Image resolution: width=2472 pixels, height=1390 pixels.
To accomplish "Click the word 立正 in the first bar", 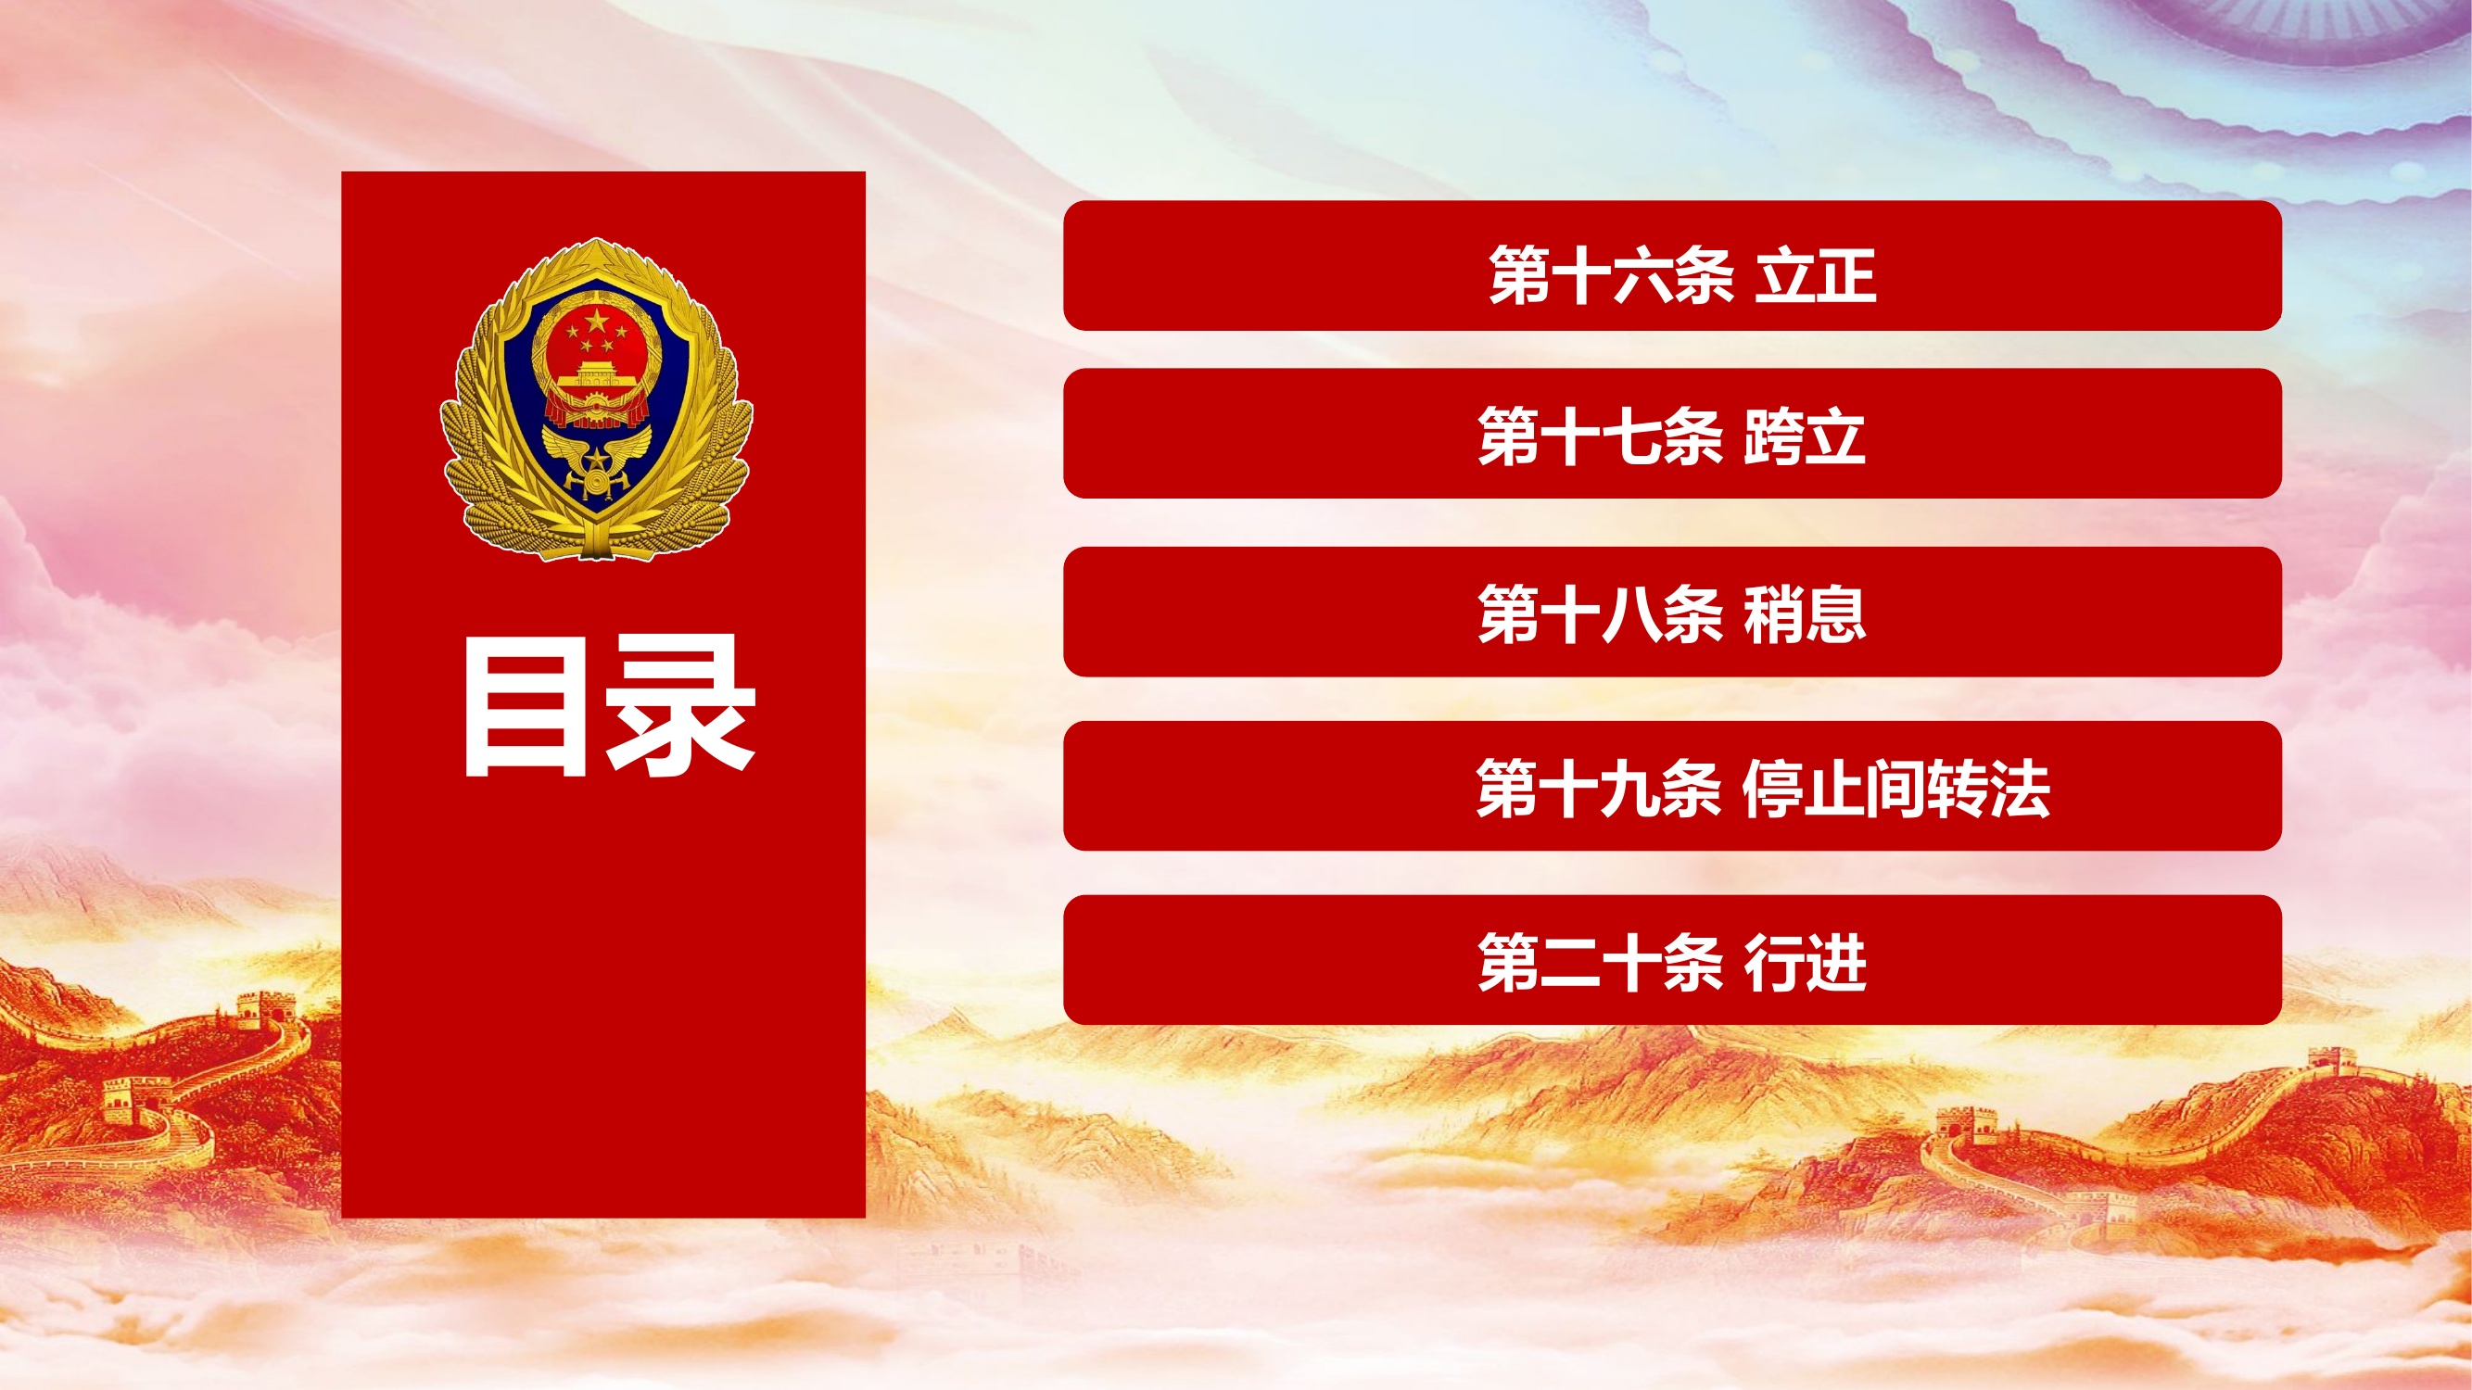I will tap(1815, 276).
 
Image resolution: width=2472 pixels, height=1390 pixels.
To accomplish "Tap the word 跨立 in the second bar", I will tap(1804, 436).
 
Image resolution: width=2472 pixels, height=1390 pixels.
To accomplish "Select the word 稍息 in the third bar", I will tap(1804, 614).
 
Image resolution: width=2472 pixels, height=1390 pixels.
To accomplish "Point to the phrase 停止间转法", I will tap(1895, 789).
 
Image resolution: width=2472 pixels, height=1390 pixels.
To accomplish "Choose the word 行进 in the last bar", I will tap(1804, 962).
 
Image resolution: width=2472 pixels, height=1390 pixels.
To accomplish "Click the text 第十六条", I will tap(1611, 276).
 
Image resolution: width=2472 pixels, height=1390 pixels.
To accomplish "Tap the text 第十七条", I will tap(1601, 436).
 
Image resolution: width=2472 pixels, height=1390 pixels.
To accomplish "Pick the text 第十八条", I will tap(1601, 614).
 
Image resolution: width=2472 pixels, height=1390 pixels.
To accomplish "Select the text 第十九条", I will tap(1599, 789).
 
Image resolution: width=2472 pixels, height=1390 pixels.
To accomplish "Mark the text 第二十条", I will tap(1601, 962).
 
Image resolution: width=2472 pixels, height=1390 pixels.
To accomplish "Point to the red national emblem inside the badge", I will tap(596, 364).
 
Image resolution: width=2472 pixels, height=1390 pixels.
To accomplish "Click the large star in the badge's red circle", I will tap(597, 321).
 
